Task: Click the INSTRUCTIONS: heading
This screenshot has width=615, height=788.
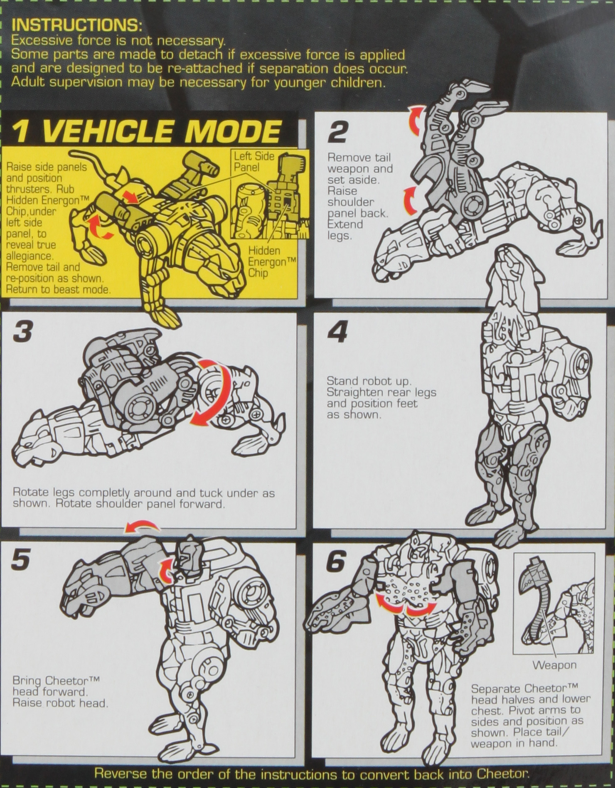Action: click(x=77, y=25)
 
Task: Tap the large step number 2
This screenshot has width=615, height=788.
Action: click(x=337, y=133)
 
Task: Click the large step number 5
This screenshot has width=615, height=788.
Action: click(x=21, y=560)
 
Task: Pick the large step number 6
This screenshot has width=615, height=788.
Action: click(x=336, y=562)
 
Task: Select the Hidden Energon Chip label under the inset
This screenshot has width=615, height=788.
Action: click(x=272, y=262)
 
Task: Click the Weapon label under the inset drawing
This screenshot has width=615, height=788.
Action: click(x=554, y=665)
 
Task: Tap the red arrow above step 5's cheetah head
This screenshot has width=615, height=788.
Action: click(x=142, y=527)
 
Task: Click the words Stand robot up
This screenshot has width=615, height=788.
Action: click(x=368, y=381)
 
